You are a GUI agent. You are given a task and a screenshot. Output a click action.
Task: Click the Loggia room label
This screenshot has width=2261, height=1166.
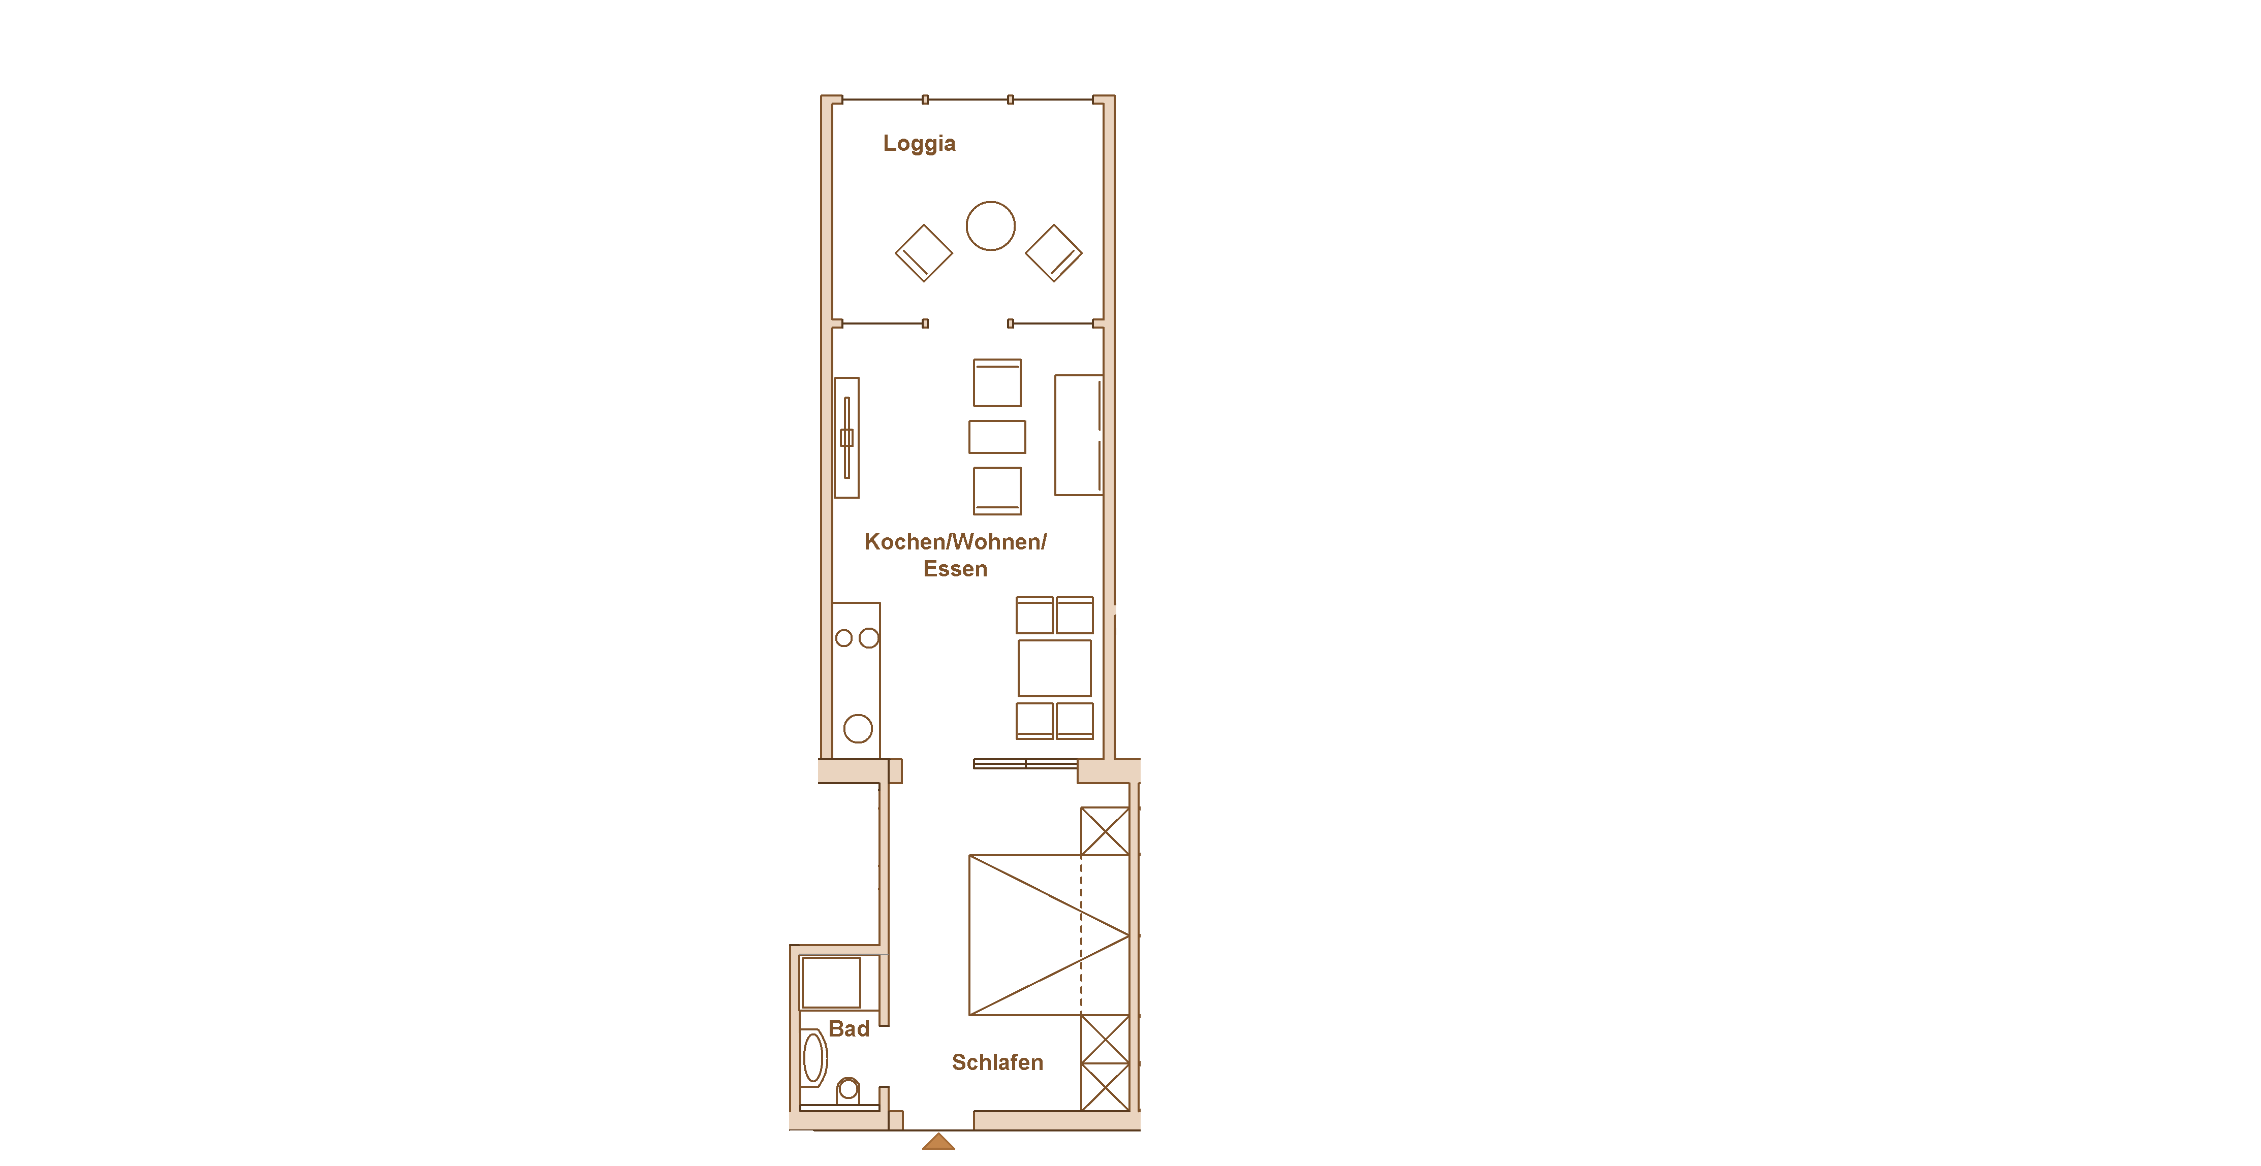point(919,144)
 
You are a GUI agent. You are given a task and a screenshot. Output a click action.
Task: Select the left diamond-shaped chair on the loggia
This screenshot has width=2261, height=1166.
point(923,253)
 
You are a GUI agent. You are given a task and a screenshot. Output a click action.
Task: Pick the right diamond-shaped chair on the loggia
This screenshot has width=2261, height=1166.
point(1053,253)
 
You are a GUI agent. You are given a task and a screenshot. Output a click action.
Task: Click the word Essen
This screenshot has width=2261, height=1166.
point(955,569)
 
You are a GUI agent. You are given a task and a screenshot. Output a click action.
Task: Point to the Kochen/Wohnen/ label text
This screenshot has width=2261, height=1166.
point(955,542)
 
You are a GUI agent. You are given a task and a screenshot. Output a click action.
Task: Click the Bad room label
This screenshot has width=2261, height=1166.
point(849,1029)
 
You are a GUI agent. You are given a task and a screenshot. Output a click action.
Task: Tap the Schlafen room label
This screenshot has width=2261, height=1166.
point(997,1062)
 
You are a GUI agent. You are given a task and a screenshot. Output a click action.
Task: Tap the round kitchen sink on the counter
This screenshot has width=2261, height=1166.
point(858,728)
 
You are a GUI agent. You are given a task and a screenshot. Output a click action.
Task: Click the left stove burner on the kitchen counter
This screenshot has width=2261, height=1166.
point(843,638)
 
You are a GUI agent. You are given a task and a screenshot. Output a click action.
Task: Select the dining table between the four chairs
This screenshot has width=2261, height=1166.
point(1054,668)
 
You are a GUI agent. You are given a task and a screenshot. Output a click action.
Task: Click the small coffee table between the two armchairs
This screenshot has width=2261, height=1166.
point(997,437)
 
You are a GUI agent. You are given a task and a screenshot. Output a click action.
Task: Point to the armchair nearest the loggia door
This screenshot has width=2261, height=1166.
point(997,382)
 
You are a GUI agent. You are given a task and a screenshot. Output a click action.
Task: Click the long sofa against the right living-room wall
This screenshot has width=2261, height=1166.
point(1079,435)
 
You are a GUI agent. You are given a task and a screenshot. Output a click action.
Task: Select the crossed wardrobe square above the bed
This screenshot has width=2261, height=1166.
point(1105,831)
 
